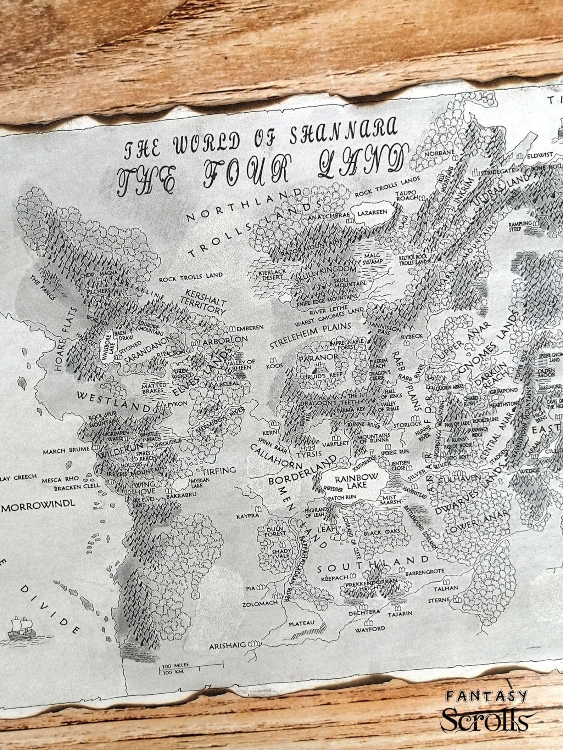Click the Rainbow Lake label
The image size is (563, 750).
point(352,482)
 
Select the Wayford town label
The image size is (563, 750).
point(370,629)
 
